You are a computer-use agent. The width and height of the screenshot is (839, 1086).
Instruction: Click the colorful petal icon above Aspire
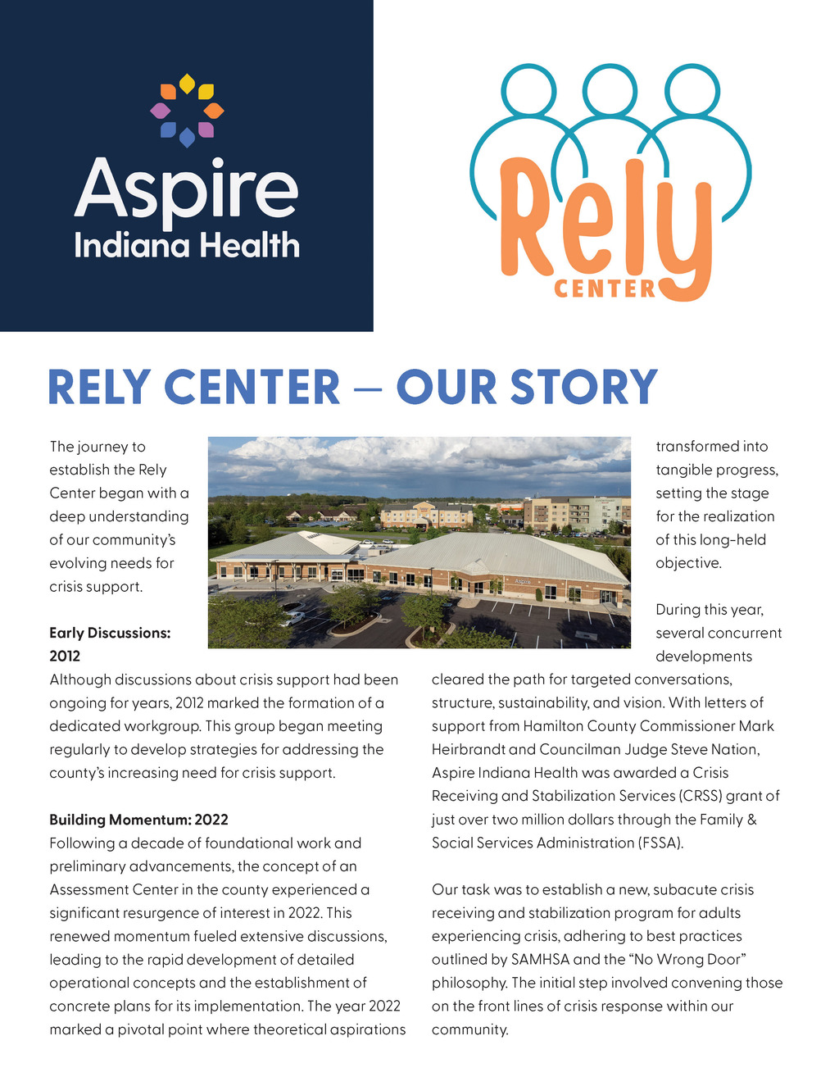187,111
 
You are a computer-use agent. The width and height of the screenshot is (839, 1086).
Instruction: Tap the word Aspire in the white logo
187,190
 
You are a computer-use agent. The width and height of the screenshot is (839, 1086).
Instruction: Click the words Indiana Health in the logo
187,246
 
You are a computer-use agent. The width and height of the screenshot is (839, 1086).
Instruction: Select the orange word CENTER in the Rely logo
605,289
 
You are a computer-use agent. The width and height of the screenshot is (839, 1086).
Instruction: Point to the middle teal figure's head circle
610,89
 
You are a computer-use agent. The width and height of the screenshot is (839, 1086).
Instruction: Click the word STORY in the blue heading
584,388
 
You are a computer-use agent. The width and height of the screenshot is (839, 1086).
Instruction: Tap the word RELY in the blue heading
100,388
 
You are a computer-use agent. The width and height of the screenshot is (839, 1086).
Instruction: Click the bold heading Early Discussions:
110,633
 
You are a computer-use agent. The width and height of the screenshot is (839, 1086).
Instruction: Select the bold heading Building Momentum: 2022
138,820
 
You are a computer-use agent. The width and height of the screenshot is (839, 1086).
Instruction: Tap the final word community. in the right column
470,1029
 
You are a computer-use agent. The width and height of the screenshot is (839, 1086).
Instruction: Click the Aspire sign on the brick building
523,581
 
